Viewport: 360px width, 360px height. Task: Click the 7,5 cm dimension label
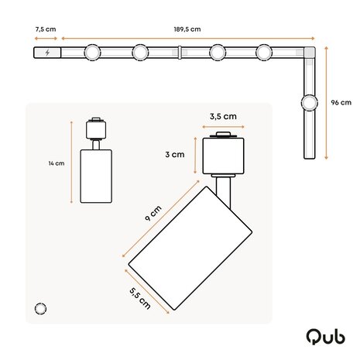tap(46, 30)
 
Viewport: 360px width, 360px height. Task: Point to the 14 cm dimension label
tap(55, 163)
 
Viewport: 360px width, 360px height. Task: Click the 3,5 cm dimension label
tap(223, 118)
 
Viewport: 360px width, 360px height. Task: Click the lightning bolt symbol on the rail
tap(49, 53)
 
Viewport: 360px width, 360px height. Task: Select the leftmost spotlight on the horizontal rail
tap(92, 53)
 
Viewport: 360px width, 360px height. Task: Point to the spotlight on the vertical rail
tap(310, 102)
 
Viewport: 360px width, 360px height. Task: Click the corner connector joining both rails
tap(310, 53)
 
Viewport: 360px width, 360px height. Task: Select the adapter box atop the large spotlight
tap(223, 155)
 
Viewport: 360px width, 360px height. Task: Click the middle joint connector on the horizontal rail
tap(180, 53)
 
